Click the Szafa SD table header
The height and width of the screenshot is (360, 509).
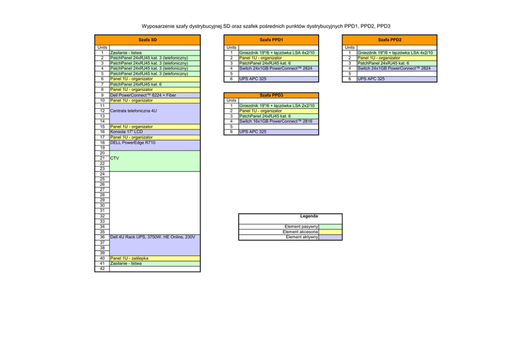[147, 40]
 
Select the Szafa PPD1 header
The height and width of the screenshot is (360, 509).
[271, 40]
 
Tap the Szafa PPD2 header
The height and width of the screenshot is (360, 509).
[389, 40]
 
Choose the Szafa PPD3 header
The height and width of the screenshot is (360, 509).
[271, 95]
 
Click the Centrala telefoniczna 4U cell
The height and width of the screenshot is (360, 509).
[134, 110]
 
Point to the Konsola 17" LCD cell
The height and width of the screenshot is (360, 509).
[126, 132]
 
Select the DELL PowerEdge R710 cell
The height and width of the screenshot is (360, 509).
[133, 143]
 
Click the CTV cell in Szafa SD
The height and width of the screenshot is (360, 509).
[115, 159]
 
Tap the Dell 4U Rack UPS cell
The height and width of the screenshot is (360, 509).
[152, 237]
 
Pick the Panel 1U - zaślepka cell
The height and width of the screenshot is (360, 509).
[130, 258]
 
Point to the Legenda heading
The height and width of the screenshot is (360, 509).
[309, 216]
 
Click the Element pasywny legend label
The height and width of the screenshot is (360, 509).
[301, 226]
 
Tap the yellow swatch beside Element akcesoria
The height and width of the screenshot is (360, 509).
[330, 232]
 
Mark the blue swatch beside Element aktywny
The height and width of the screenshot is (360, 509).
[330, 237]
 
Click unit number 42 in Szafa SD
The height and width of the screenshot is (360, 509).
[103, 269]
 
